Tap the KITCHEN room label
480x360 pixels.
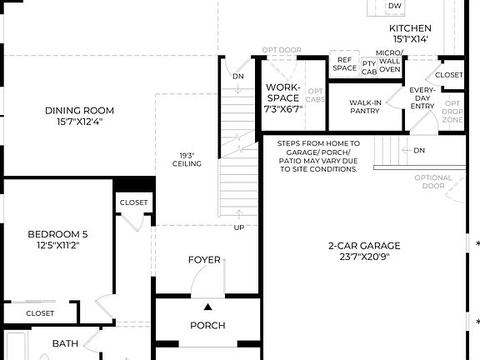pyautogui.click(x=410, y=27)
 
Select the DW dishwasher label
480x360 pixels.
pyautogui.click(x=394, y=7)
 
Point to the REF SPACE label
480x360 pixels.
pyautogui.click(x=344, y=63)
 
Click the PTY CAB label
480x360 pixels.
pyautogui.click(x=369, y=67)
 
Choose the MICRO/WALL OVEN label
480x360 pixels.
pyautogui.click(x=390, y=61)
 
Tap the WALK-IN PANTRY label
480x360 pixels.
pyautogui.click(x=364, y=107)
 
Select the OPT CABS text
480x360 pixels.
pyautogui.click(x=315, y=95)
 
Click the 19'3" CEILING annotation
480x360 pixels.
pyautogui.click(x=187, y=159)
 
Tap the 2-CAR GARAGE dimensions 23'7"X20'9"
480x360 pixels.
pyautogui.click(x=363, y=257)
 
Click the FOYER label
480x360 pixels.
pyautogui.click(x=204, y=260)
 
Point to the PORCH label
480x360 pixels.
pyautogui.click(x=207, y=325)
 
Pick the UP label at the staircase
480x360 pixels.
pyautogui.click(x=239, y=227)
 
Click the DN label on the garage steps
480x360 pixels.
pyautogui.click(x=419, y=151)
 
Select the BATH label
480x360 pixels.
pyautogui.click(x=65, y=342)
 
